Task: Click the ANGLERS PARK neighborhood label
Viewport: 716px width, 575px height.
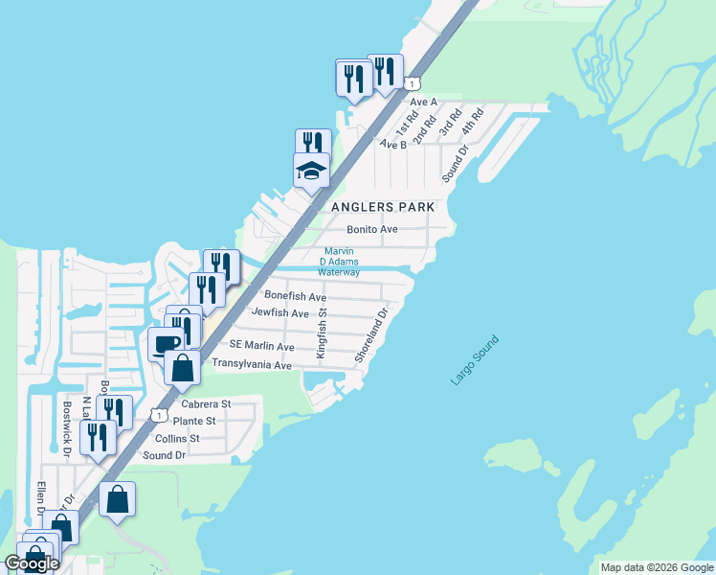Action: pyautogui.click(x=383, y=207)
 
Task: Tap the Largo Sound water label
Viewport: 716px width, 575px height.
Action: pyautogui.click(x=475, y=360)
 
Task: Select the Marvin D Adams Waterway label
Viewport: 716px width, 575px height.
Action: pyautogui.click(x=339, y=262)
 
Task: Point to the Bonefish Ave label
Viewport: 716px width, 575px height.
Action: pyautogui.click(x=296, y=297)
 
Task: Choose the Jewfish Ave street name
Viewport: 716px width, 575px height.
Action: pyautogui.click(x=280, y=313)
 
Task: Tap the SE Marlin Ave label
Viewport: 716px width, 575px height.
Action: pyautogui.click(x=261, y=345)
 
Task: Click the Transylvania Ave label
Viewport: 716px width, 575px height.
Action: pyautogui.click(x=251, y=365)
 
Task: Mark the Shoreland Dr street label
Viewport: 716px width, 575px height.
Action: pyautogui.click(x=370, y=334)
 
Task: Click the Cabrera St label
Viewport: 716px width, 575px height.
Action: pyautogui.click(x=199, y=404)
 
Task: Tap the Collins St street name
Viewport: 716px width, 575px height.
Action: pyautogui.click(x=180, y=438)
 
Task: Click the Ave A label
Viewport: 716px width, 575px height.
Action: pyautogui.click(x=423, y=101)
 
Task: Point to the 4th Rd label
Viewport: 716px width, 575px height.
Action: pyautogui.click(x=473, y=120)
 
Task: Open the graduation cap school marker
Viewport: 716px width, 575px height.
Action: pyautogui.click(x=311, y=172)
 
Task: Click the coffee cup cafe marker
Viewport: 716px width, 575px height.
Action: pyautogui.click(x=164, y=344)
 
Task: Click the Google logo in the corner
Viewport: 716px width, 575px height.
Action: pyautogui.click(x=32, y=563)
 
